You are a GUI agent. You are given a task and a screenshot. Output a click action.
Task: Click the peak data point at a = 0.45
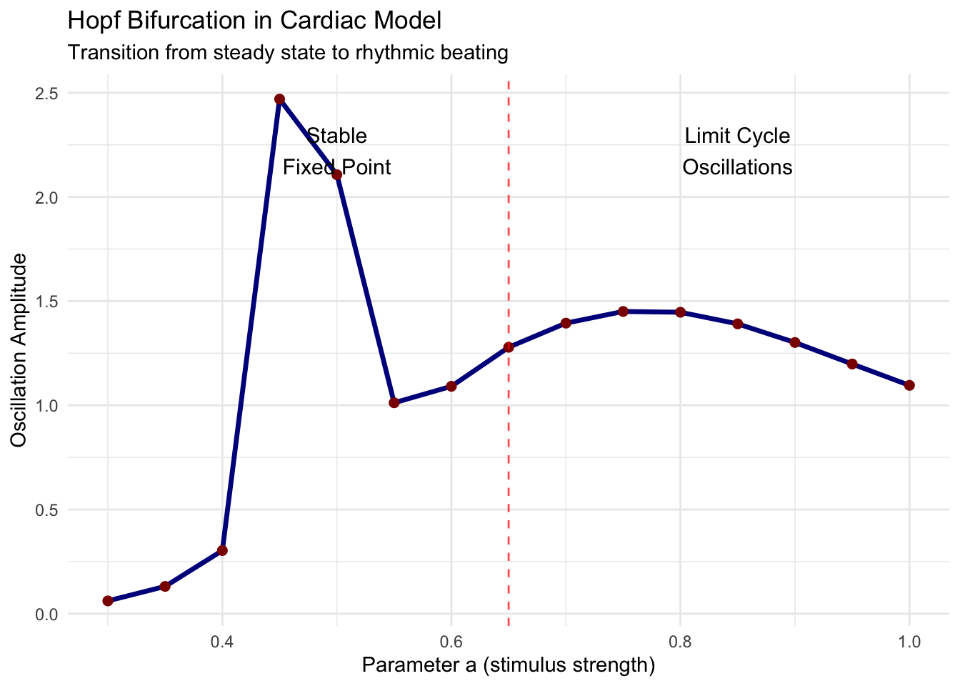click(279, 99)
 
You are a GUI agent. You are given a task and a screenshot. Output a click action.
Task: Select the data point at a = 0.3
click(108, 601)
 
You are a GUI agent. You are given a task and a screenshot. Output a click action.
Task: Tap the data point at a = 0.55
click(394, 403)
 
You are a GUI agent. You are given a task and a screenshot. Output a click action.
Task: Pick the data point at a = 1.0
click(909, 385)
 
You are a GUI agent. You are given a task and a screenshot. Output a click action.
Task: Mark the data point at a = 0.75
click(623, 312)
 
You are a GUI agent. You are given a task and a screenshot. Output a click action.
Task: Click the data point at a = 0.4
click(222, 550)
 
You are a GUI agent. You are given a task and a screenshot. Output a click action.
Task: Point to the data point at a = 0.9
click(795, 342)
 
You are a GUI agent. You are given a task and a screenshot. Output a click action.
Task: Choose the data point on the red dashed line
click(509, 347)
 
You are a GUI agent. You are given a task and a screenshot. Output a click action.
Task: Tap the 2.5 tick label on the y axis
click(47, 94)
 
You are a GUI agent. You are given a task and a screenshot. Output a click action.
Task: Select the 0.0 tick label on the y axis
click(47, 614)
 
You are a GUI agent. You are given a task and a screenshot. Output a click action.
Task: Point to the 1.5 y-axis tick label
click(47, 302)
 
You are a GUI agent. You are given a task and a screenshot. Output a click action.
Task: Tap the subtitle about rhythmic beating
click(287, 53)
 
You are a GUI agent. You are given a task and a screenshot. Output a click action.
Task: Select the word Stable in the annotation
click(336, 136)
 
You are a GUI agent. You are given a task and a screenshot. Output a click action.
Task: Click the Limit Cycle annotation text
click(737, 136)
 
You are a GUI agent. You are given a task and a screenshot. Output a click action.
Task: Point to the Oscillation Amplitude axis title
click(19, 350)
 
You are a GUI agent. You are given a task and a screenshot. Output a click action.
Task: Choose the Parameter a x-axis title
click(509, 665)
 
